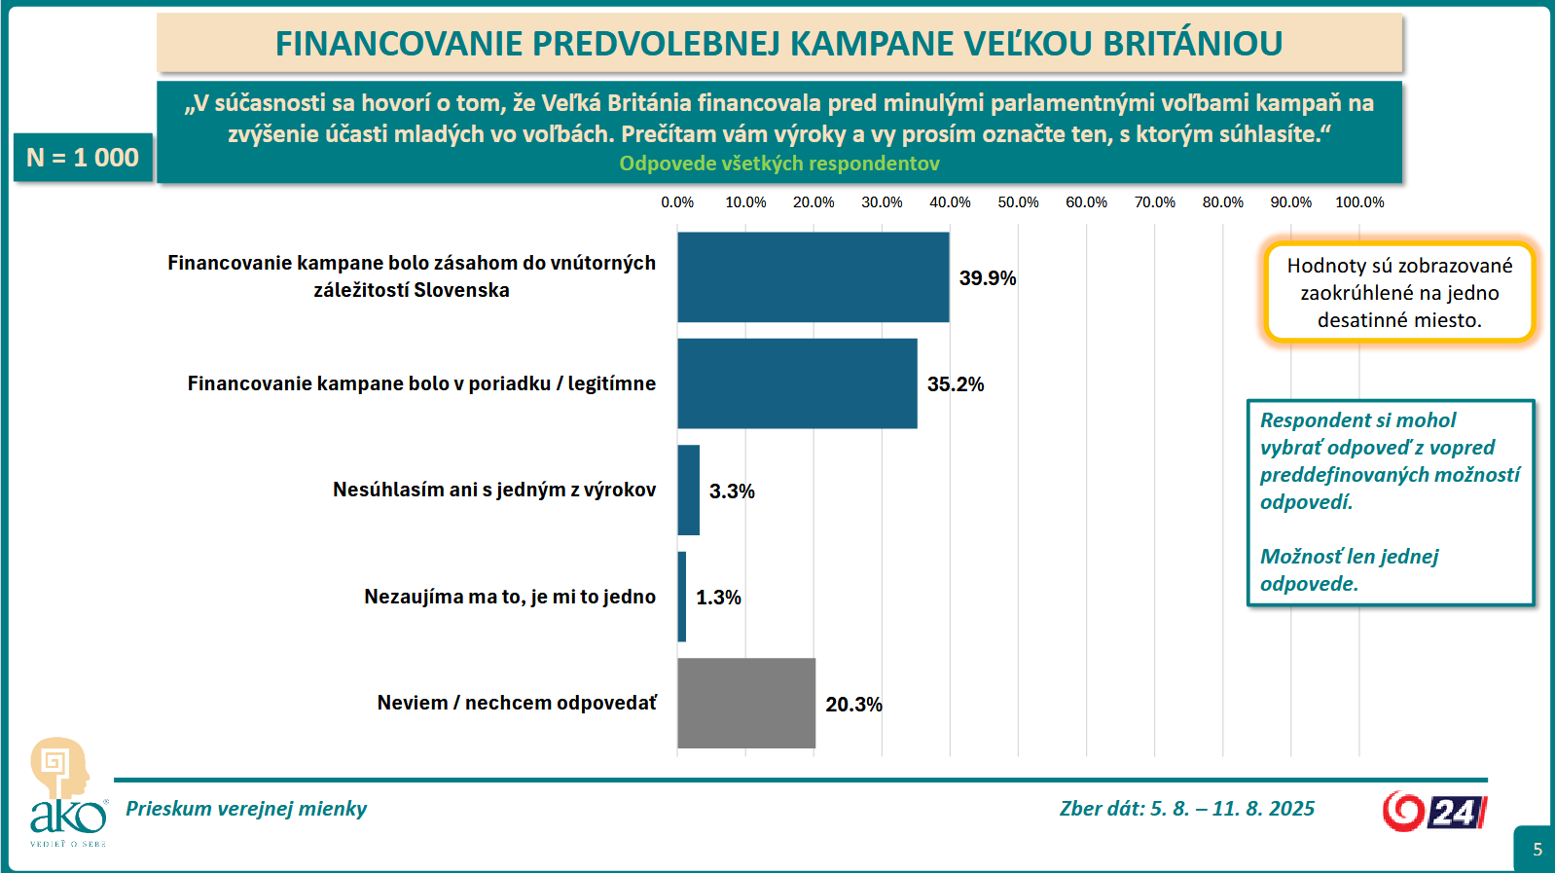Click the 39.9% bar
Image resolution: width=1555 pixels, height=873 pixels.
(813, 277)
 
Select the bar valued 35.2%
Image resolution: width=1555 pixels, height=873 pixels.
(797, 383)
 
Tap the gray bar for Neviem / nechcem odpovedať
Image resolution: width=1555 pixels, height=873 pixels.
(746, 703)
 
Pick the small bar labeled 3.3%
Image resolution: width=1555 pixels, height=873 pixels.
(689, 490)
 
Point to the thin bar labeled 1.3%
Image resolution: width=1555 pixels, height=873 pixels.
(682, 597)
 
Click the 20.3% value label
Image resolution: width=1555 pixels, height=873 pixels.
(853, 704)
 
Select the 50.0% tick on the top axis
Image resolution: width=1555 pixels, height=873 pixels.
(1018, 202)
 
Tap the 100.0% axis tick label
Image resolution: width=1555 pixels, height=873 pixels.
(1359, 202)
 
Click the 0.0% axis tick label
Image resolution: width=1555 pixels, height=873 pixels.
(677, 202)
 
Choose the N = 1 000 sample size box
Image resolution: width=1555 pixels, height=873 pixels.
(83, 158)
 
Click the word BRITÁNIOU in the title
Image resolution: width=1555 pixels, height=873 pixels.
(1193, 44)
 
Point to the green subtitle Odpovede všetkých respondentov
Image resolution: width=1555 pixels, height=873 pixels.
(779, 164)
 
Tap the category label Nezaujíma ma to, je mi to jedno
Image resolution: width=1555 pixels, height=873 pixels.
(510, 597)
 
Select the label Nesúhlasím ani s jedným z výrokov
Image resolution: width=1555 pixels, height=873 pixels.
(494, 490)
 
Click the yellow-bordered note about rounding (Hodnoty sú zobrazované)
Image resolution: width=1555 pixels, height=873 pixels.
(1399, 292)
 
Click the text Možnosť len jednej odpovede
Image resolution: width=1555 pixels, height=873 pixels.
(1349, 569)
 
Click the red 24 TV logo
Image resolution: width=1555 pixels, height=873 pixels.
(1434, 811)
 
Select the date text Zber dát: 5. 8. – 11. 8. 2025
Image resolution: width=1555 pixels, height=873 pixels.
(1186, 809)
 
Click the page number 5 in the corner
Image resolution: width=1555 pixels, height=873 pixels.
(1537, 850)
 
